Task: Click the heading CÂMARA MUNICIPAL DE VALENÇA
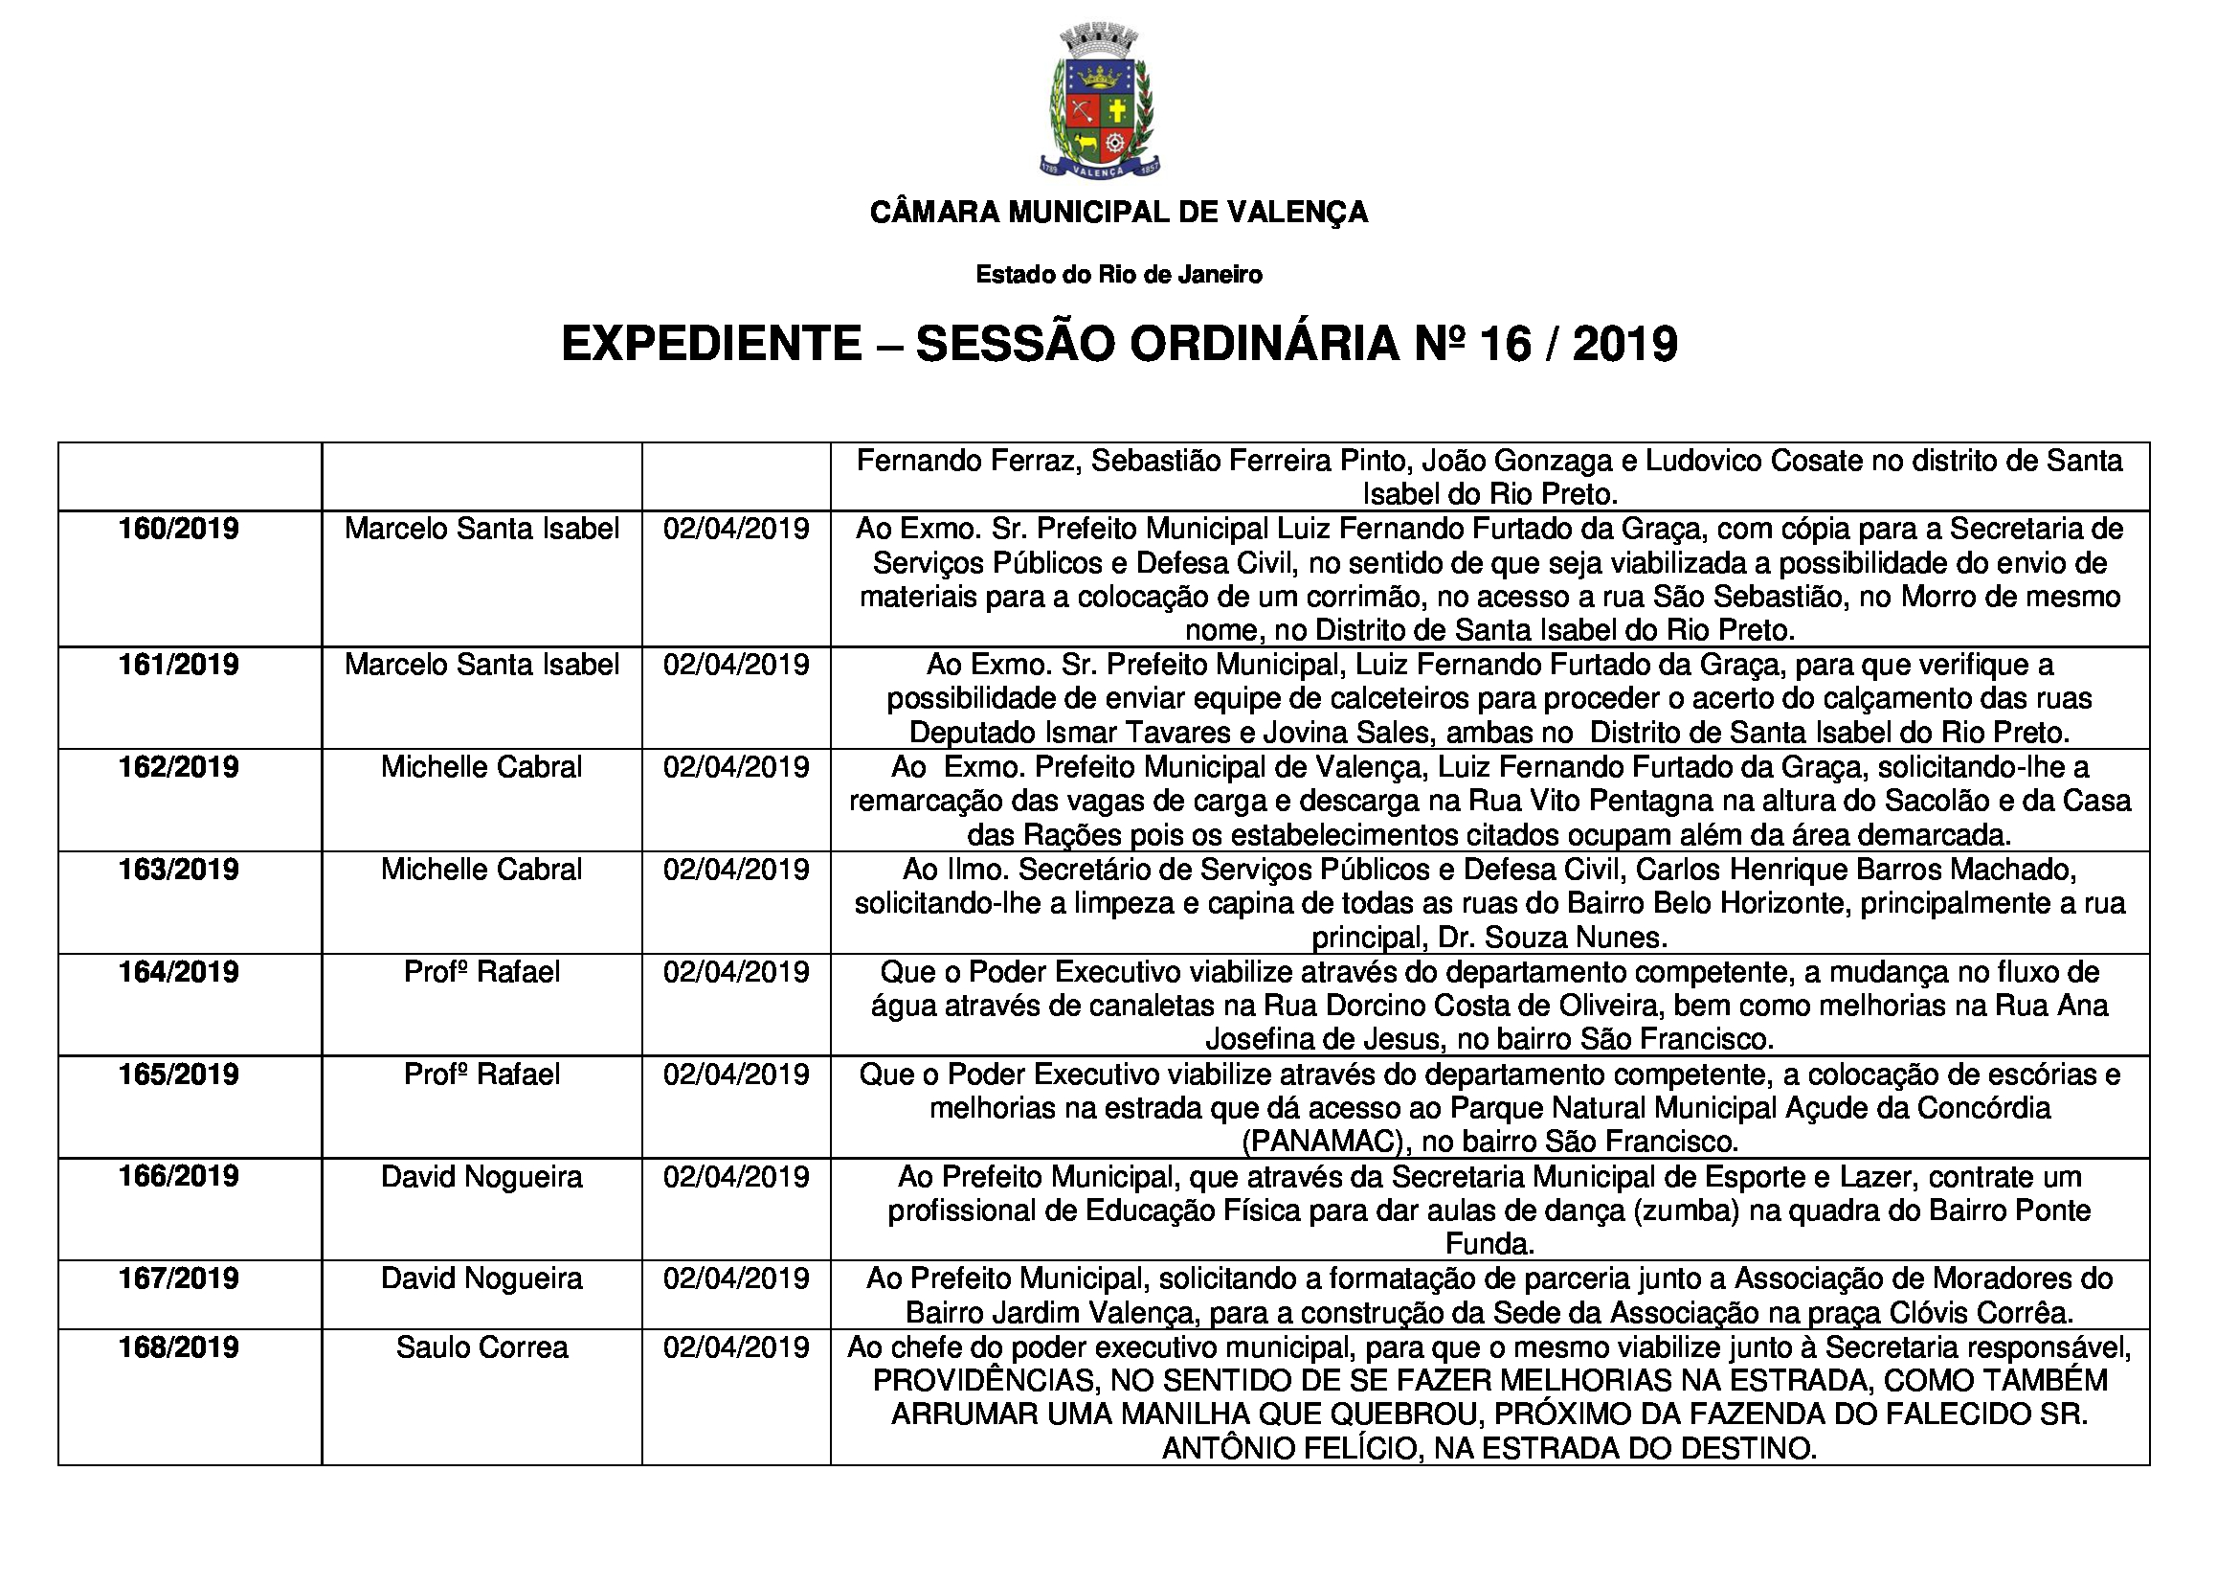point(1118,212)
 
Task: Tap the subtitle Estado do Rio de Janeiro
point(1118,275)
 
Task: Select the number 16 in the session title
point(1505,344)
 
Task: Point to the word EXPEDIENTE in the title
point(712,344)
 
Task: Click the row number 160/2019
point(178,529)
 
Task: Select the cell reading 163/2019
point(178,869)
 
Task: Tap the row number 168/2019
point(178,1347)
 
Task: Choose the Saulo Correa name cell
point(481,1347)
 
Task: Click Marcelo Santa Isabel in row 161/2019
point(481,666)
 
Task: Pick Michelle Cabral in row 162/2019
point(481,767)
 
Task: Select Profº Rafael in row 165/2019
point(481,1074)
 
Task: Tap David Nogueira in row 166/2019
point(481,1176)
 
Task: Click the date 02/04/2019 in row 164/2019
point(736,971)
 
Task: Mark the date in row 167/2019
point(736,1278)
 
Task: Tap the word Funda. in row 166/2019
point(1489,1244)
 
